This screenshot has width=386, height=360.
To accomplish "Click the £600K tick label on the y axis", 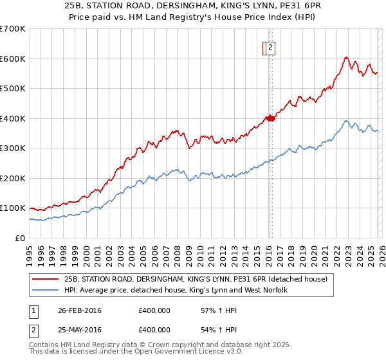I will pyautogui.click(x=12, y=59).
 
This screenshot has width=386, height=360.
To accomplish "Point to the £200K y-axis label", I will pyautogui.click(x=12, y=178).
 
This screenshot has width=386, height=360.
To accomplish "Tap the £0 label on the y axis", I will pyautogui.click(x=21, y=238).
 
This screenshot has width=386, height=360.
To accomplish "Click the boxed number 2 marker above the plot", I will pyautogui.click(x=270, y=47).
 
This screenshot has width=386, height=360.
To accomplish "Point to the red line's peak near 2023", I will pyautogui.click(x=346, y=57).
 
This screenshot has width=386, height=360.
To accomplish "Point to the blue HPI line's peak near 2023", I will pyautogui.click(x=346, y=120).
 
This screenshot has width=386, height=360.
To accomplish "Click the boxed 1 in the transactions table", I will pyautogui.click(x=33, y=310).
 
